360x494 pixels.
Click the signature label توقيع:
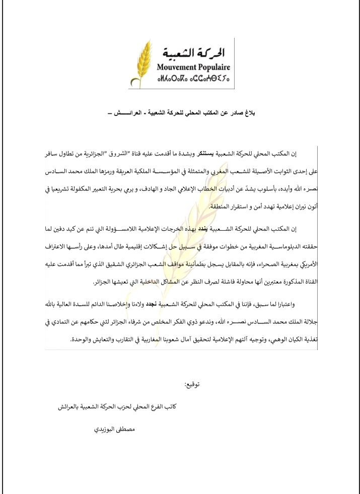click(189, 386)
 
